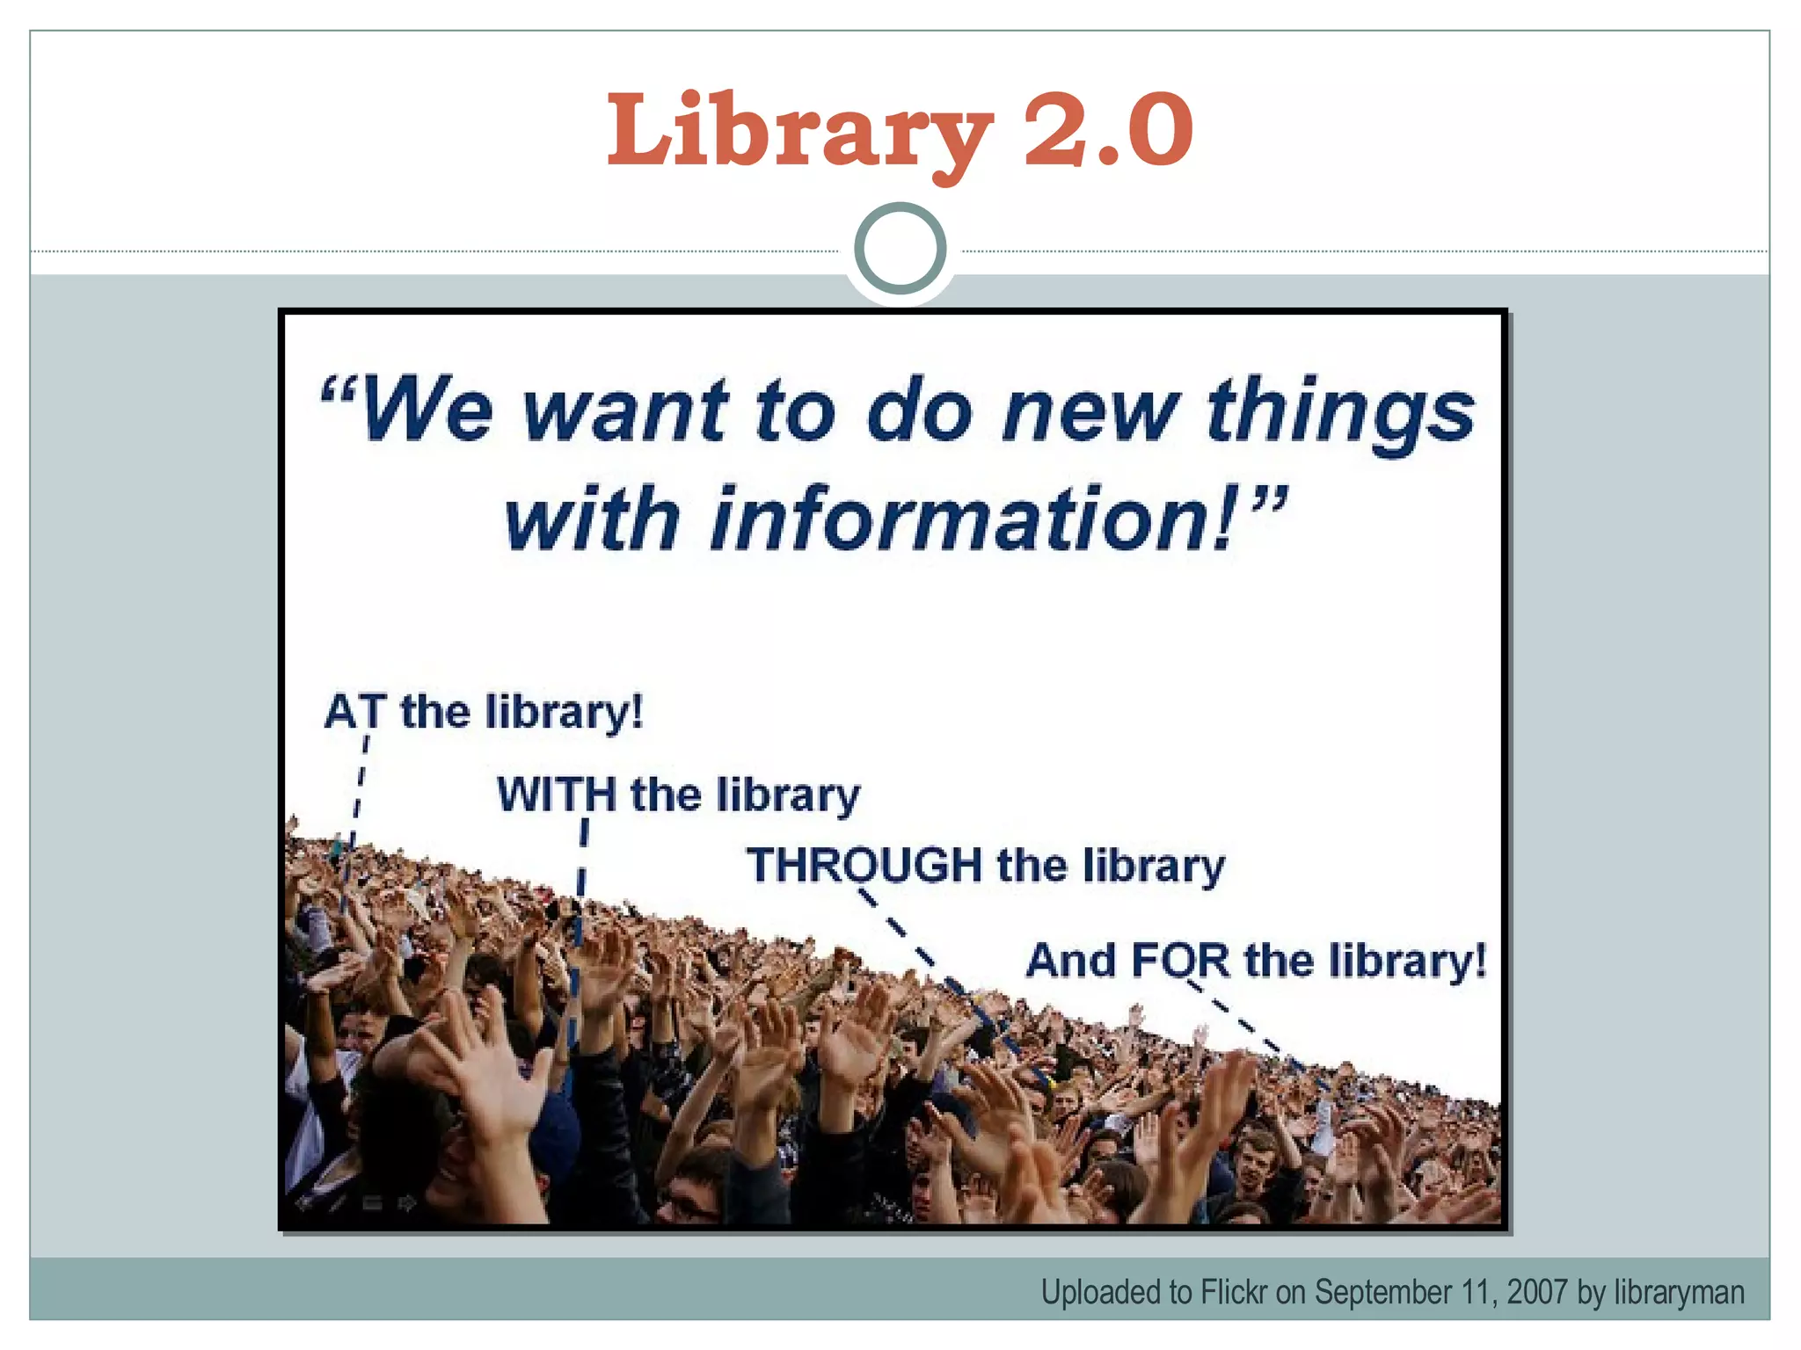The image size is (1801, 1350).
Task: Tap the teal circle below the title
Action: [900, 248]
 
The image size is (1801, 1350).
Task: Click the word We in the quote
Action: [426, 410]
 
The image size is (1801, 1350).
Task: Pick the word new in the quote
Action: [1090, 411]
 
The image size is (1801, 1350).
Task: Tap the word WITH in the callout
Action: [557, 795]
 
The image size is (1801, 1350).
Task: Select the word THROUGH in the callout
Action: [864, 865]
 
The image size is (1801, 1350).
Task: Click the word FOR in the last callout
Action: [1180, 960]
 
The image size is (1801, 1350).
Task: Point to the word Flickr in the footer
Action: [1234, 1292]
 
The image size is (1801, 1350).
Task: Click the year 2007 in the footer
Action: [1537, 1292]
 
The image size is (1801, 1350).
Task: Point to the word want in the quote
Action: [625, 411]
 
